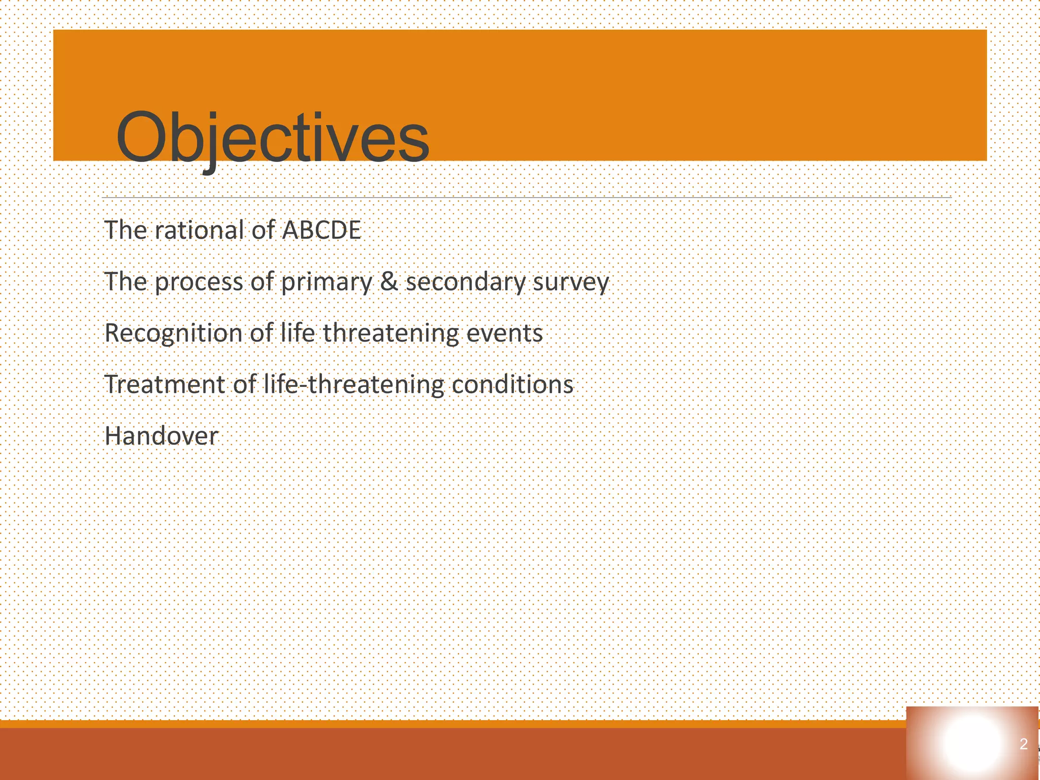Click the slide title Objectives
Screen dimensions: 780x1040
pos(273,138)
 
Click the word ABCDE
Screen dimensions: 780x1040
pos(321,230)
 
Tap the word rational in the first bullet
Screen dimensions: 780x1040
pos(200,230)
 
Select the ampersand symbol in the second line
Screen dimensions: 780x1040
pos(389,282)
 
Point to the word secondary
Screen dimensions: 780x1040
pos(465,282)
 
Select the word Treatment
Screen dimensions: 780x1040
pos(165,384)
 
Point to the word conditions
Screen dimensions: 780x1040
pos(512,384)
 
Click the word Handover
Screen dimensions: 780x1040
pos(161,436)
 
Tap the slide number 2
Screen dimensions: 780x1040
pos(1024,744)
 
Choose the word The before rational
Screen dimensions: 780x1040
pos(125,230)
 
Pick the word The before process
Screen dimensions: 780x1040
pos(125,282)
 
